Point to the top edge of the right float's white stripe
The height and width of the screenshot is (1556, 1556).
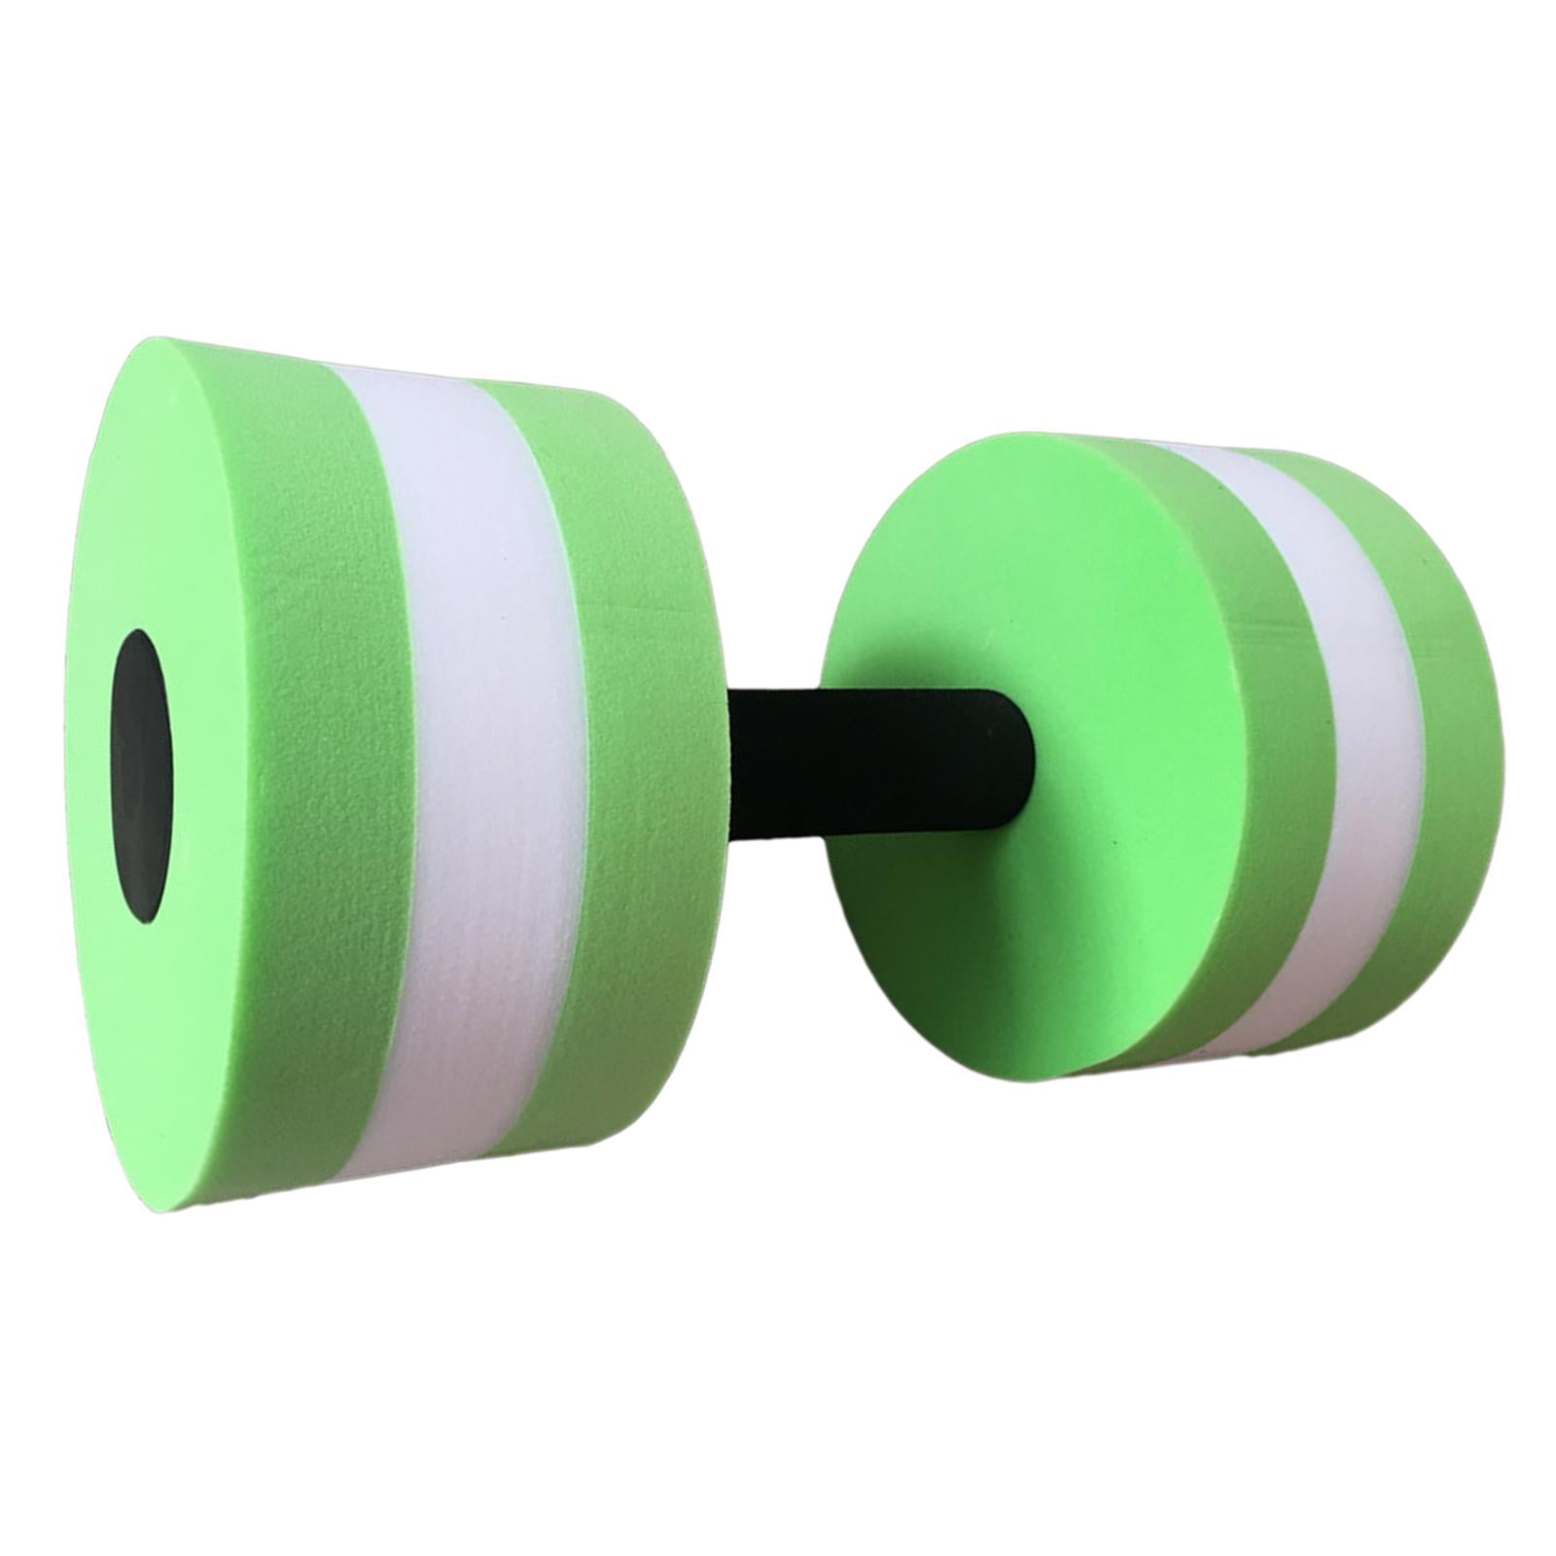pyautogui.click(x=1206, y=450)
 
